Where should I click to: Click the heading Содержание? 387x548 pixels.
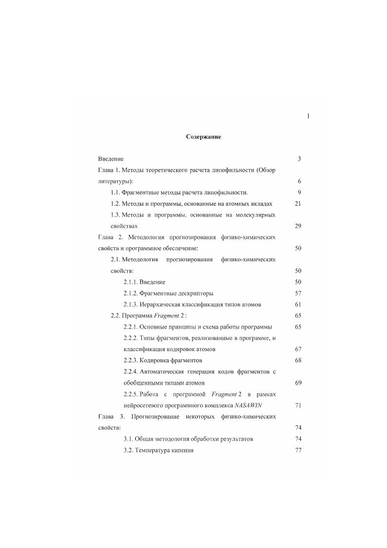coord(203,137)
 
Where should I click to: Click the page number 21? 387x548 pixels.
coord(298,204)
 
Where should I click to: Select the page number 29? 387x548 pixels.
coord(298,226)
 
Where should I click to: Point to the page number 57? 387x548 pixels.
coord(298,294)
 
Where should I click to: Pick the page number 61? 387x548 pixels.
coord(298,305)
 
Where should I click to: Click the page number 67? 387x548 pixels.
coord(298,350)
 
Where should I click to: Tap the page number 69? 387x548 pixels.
coord(298,383)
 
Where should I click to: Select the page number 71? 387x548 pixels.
coord(298,406)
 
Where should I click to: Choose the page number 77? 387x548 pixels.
coord(298,450)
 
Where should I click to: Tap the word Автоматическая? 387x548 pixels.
coord(165,372)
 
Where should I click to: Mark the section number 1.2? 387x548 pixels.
coord(115,204)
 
